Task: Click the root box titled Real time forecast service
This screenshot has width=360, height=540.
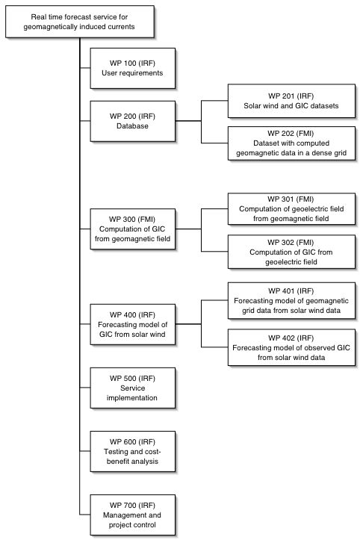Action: click(x=80, y=22)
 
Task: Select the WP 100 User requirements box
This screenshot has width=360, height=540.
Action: click(x=133, y=68)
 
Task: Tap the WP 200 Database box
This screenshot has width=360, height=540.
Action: click(x=133, y=121)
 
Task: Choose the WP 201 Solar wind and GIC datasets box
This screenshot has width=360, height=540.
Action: click(x=291, y=101)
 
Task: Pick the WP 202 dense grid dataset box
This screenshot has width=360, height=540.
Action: click(x=291, y=143)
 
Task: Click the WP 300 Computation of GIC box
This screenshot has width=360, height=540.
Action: click(x=133, y=229)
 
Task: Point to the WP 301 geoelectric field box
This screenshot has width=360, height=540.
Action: click(x=291, y=209)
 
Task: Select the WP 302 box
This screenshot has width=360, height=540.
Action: click(x=291, y=252)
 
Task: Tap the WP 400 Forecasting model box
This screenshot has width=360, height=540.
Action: click(x=133, y=324)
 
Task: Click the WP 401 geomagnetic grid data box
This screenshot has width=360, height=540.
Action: click(x=291, y=301)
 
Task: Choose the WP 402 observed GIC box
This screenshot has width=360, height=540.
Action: click(x=291, y=347)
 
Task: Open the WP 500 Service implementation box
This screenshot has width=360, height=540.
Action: click(x=133, y=388)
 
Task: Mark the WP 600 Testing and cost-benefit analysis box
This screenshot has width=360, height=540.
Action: click(x=133, y=451)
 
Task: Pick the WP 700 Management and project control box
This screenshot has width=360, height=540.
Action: click(x=133, y=515)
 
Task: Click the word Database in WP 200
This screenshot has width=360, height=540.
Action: click(x=132, y=126)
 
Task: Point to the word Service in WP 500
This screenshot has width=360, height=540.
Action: click(x=133, y=388)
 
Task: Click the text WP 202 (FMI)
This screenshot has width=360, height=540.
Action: click(x=291, y=133)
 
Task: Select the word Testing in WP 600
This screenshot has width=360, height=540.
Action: click(x=116, y=451)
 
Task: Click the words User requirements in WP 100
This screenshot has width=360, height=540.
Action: click(x=132, y=73)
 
